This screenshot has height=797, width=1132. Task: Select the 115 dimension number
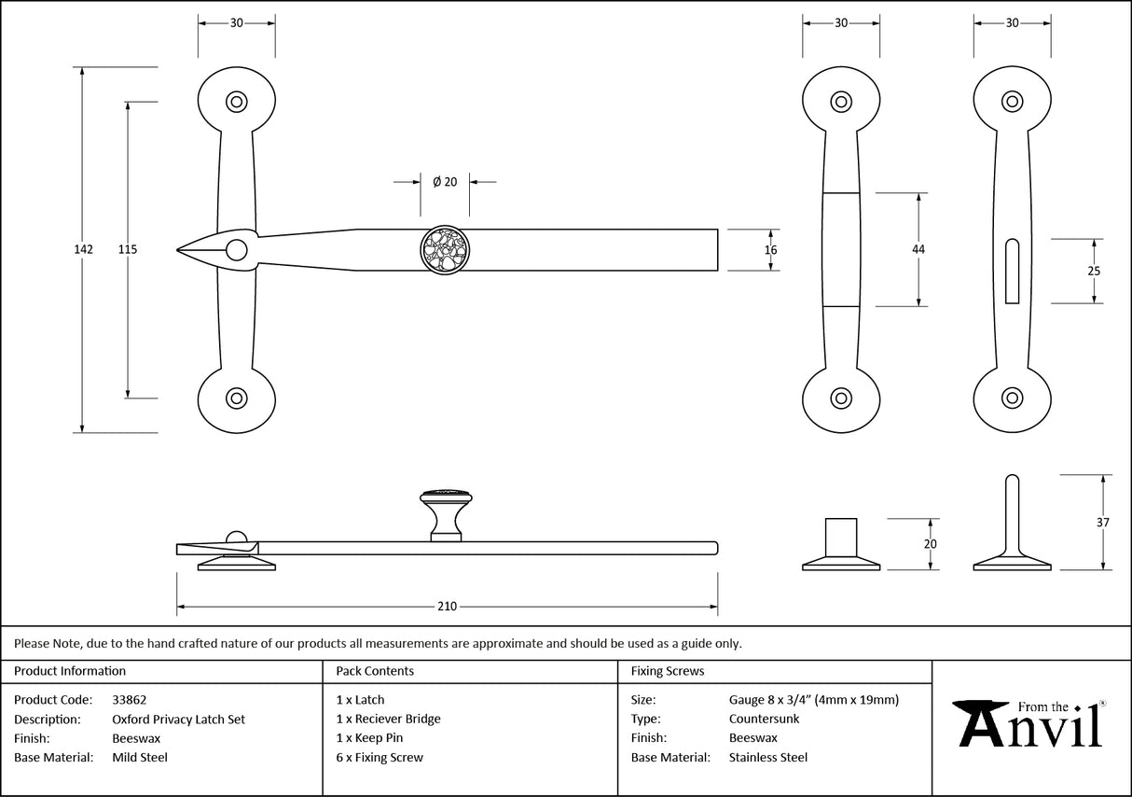(128, 249)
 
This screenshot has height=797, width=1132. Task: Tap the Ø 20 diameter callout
(445, 182)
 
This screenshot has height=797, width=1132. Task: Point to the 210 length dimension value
(447, 607)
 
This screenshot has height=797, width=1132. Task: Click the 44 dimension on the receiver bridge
(918, 249)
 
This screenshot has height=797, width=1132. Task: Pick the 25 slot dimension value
(1094, 271)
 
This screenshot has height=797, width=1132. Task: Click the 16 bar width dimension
(770, 249)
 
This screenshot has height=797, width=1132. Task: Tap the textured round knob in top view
(445, 250)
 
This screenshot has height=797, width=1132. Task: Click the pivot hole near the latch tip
(237, 249)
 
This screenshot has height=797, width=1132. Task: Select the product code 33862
(129, 699)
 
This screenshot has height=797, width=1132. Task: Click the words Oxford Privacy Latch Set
(178, 719)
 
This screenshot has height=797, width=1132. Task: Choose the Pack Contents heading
(375, 671)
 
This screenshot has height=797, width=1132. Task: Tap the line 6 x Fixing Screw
(380, 758)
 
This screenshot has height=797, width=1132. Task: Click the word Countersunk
(764, 719)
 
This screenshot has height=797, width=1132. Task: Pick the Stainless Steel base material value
(768, 758)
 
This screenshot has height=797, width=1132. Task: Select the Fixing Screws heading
(668, 671)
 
